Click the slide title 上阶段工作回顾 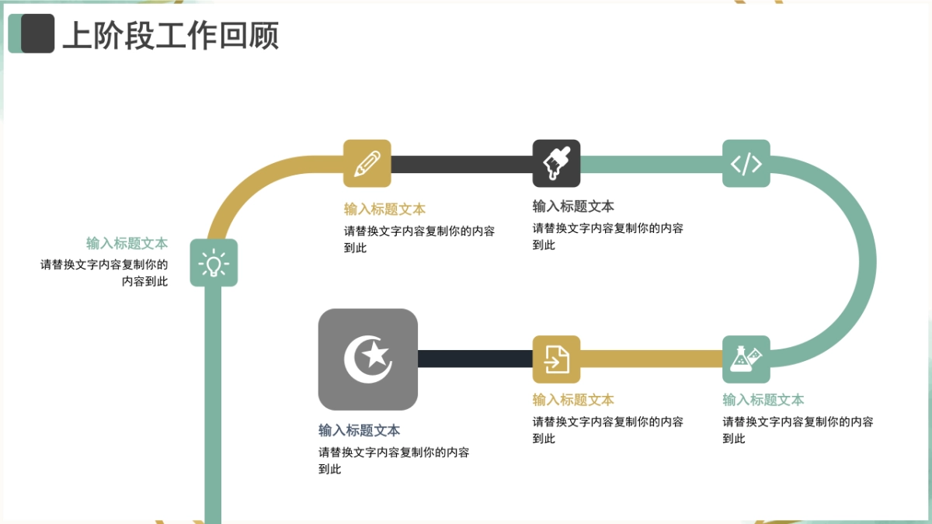(x=171, y=36)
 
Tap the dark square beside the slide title (x=38, y=33)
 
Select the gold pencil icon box (x=367, y=164)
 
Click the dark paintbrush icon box (x=556, y=164)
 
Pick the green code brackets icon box (x=746, y=164)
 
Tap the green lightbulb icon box (x=214, y=262)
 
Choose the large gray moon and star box (x=368, y=359)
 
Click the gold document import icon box (x=556, y=359)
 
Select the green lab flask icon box (x=746, y=359)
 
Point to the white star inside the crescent (x=375, y=354)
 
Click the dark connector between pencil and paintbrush (x=462, y=165)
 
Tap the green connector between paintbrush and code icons (x=651, y=165)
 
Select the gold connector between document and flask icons (x=651, y=359)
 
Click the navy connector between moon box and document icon (x=475, y=359)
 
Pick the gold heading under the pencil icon (x=384, y=209)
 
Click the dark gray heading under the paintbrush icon (x=573, y=206)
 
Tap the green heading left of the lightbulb (x=127, y=243)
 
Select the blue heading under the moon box (x=359, y=430)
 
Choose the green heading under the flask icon (x=763, y=400)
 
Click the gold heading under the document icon (x=573, y=400)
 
